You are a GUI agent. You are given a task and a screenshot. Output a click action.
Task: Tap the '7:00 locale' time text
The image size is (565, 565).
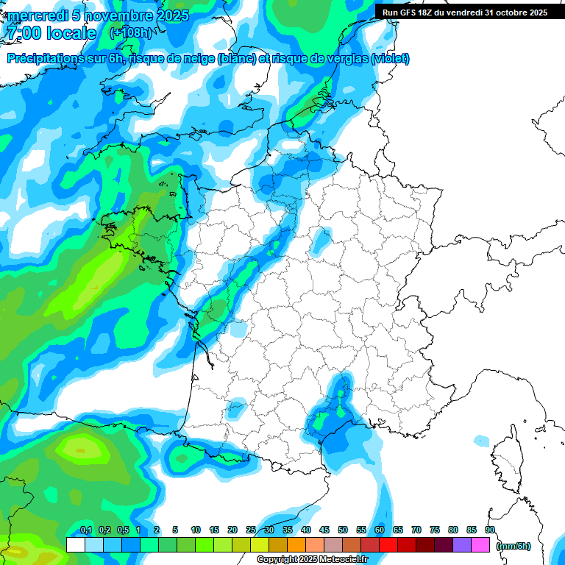click(51, 33)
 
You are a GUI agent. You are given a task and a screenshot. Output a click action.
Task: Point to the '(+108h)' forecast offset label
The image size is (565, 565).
click(130, 33)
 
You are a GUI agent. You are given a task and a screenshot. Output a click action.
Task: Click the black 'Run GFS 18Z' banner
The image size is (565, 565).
click(464, 12)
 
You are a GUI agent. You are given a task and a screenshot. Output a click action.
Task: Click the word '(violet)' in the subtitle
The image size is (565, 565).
click(391, 59)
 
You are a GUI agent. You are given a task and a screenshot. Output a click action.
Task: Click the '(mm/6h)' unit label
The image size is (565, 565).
click(513, 546)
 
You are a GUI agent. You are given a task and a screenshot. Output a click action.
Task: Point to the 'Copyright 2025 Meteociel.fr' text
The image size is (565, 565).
click(312, 560)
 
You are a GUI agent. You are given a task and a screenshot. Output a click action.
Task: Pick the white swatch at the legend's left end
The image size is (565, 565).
click(75, 545)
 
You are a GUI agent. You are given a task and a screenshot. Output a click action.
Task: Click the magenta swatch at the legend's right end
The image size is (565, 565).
click(480, 545)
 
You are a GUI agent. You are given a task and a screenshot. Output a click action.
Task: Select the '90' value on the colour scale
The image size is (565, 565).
click(490, 530)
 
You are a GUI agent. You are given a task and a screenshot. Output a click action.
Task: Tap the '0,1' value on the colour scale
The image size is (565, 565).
click(86, 530)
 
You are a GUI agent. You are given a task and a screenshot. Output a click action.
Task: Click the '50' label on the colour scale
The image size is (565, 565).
click(343, 530)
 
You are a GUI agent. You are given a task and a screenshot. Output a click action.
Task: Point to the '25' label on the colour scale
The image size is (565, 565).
click(251, 530)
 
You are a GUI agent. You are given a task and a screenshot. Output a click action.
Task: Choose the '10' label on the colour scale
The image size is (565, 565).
click(196, 530)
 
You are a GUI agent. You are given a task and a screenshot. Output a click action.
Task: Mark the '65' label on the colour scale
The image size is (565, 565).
click(398, 530)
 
